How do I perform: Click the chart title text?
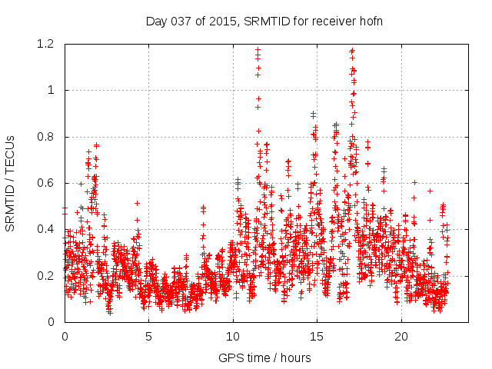[x=265, y=21]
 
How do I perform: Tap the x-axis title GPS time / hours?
[x=265, y=357]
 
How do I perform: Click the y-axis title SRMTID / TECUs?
[x=10, y=183]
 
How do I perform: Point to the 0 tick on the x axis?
[x=65, y=337]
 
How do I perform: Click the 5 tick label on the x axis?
[x=148, y=337]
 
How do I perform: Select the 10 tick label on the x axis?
[x=233, y=337]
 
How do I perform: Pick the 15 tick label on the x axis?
[x=317, y=337]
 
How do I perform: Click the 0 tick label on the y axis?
[x=52, y=322]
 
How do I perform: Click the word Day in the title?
[x=156, y=21]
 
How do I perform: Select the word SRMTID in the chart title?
[x=264, y=21]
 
